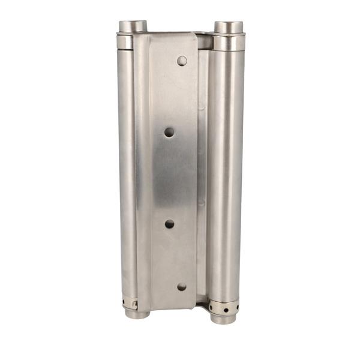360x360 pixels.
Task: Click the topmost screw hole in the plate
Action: tap(182, 61)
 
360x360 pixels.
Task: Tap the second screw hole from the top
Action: tap(170, 132)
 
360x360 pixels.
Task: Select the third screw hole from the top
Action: tap(170, 224)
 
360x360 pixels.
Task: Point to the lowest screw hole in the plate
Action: tap(182, 287)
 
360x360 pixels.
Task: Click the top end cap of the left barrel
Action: tap(133, 26)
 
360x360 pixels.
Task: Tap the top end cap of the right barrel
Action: tap(229, 27)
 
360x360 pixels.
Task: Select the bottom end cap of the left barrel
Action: tap(137, 313)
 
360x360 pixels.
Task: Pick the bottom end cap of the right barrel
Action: tap(223, 317)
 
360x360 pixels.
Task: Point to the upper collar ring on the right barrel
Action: tap(229, 43)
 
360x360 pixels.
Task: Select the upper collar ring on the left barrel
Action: tap(125, 41)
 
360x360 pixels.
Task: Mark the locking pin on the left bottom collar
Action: tap(135, 304)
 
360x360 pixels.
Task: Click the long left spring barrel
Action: tap(128, 174)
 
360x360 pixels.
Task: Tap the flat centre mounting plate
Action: tap(173, 174)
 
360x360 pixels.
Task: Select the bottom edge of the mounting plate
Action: tap(174, 309)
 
